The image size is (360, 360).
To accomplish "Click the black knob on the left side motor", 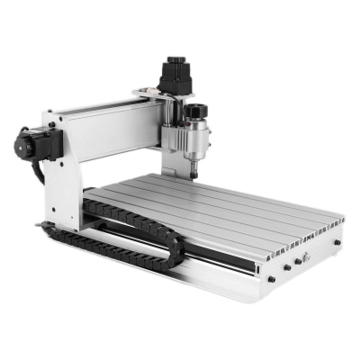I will (x=21, y=145).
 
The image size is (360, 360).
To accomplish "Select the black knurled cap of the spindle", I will (x=196, y=112).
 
